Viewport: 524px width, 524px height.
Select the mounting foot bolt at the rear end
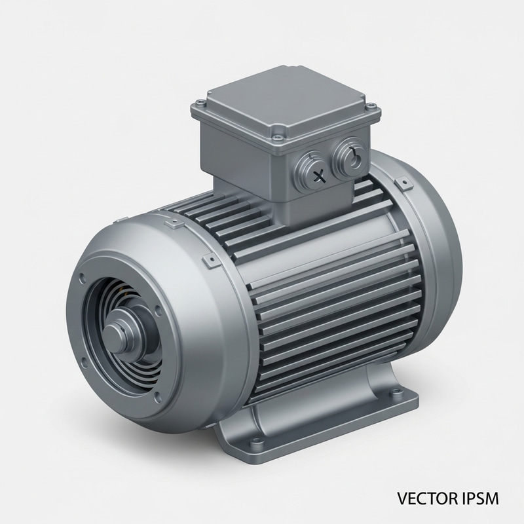398,393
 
